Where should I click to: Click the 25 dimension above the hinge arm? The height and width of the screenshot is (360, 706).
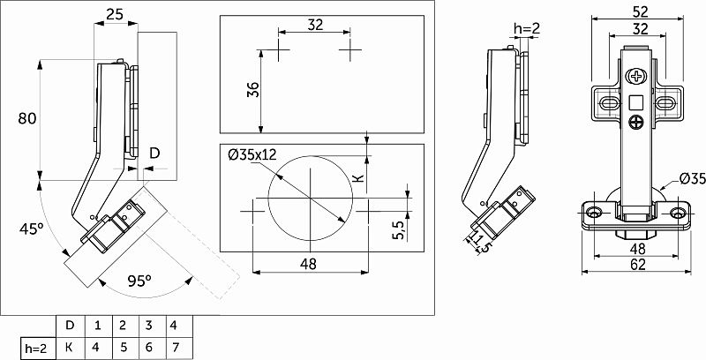click(115, 15)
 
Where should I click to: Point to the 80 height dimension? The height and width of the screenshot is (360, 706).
click(26, 119)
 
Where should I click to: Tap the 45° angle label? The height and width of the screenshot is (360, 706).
click(31, 229)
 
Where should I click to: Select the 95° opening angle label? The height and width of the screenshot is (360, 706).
click(139, 281)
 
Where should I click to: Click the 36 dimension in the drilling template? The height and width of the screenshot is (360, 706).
click(253, 89)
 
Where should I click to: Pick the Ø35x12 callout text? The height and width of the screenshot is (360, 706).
click(252, 154)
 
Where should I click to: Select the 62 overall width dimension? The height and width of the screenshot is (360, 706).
click(638, 265)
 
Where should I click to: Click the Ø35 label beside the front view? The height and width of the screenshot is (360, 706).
click(692, 179)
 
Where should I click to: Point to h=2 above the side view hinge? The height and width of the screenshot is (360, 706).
click(527, 29)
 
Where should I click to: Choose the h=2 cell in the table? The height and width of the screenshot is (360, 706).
click(38, 348)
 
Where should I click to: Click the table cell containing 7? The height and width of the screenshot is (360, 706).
click(176, 348)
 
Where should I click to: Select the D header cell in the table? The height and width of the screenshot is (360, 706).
click(70, 326)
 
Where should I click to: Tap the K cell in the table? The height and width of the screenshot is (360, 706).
click(70, 348)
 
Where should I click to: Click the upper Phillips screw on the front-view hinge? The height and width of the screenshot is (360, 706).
click(635, 76)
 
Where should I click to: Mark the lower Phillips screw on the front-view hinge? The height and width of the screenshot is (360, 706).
click(636, 122)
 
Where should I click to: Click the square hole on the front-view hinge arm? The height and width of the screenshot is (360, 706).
click(635, 102)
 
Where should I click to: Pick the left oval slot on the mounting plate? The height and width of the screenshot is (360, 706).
click(608, 104)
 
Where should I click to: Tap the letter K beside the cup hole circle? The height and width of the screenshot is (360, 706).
click(358, 178)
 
